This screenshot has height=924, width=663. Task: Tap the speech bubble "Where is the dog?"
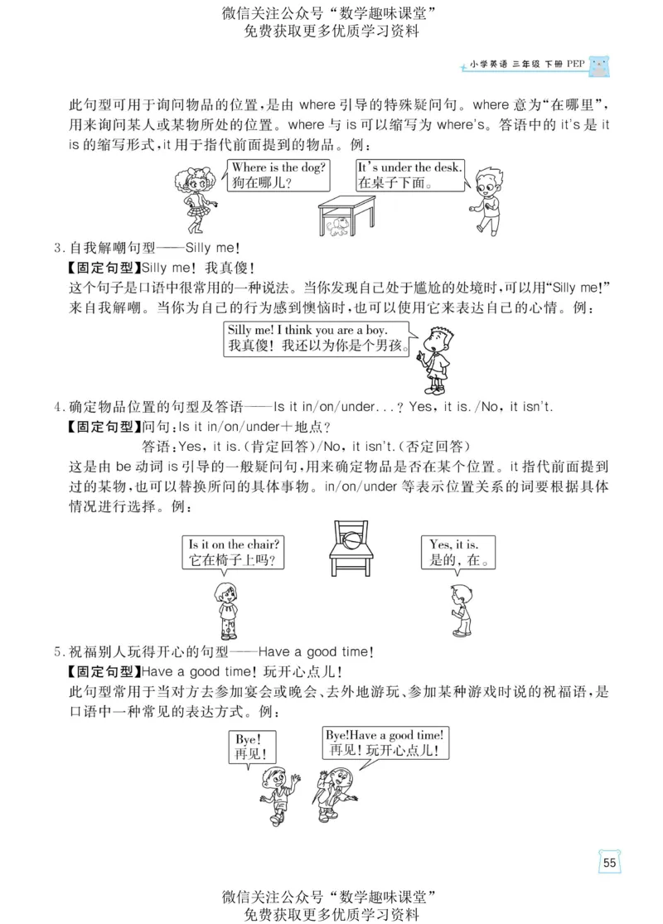(277, 175)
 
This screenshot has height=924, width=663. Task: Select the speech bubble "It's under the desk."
(409, 175)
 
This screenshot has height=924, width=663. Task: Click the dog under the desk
(336, 227)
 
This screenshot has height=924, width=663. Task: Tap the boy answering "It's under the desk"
(486, 199)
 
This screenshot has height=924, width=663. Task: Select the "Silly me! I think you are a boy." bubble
(318, 338)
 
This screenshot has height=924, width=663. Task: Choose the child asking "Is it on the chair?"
(225, 607)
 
